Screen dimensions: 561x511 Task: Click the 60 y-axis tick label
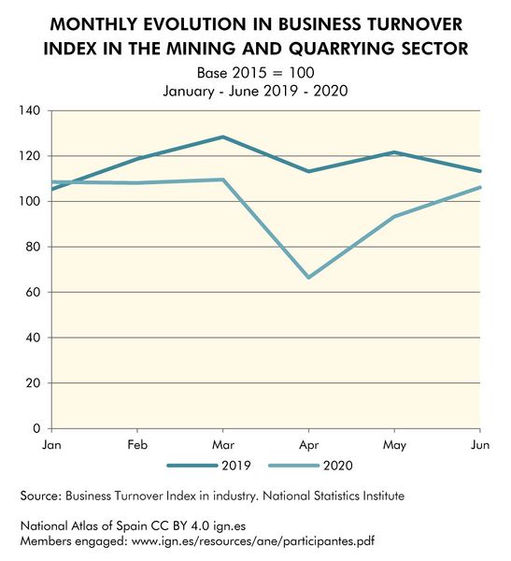(x=32, y=293)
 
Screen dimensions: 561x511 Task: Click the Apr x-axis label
(x=308, y=444)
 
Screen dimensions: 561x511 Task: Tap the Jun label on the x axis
(x=477, y=444)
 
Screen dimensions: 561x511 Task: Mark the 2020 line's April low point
(x=308, y=278)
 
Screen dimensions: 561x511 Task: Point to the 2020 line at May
(x=393, y=217)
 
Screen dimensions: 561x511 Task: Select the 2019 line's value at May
(x=393, y=152)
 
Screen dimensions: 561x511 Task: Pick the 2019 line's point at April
(x=308, y=171)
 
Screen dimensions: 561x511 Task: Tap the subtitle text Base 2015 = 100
(x=255, y=72)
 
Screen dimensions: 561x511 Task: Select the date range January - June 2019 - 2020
(x=255, y=92)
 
